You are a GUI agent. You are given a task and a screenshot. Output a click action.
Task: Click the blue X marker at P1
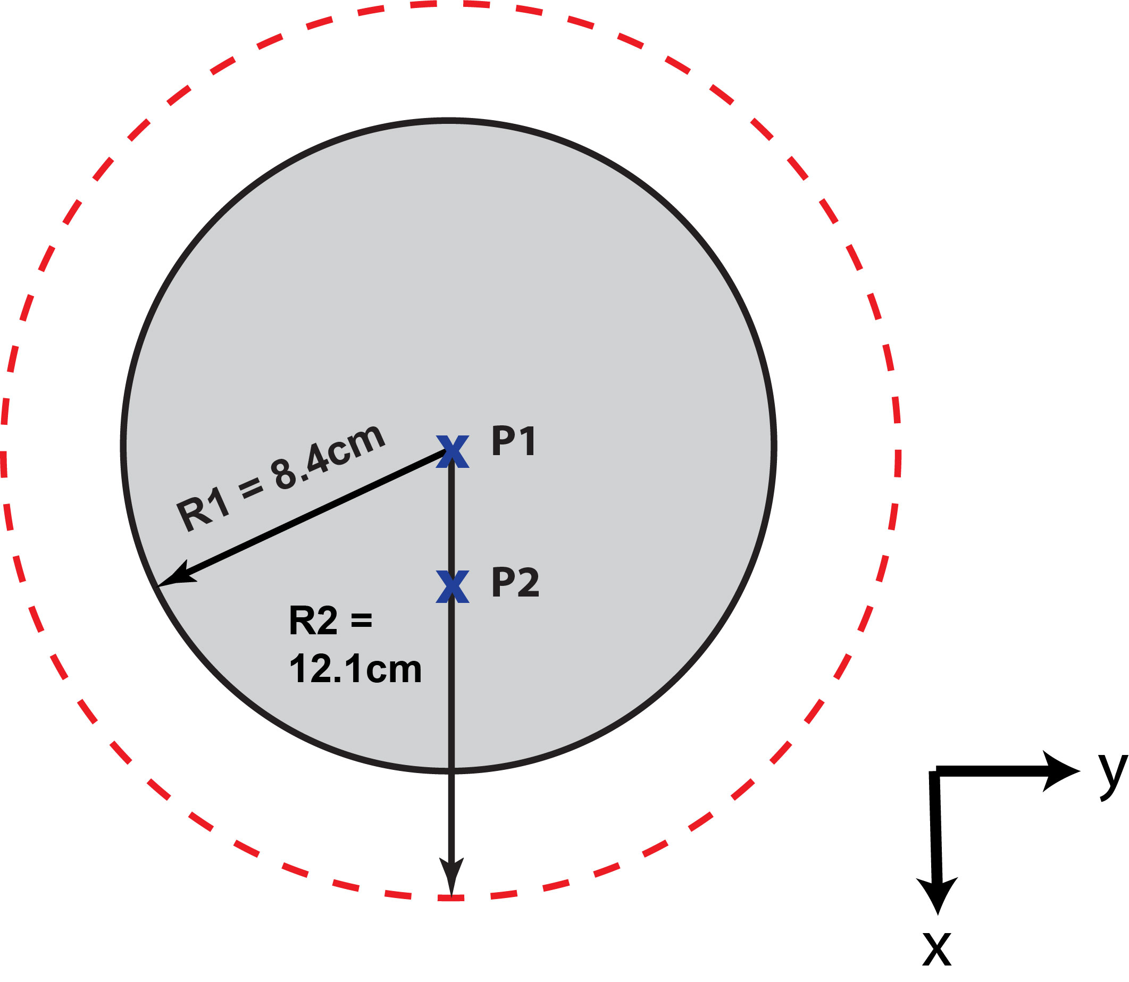[x=452, y=451]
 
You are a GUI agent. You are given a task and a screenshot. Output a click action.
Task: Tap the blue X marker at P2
[x=452, y=586]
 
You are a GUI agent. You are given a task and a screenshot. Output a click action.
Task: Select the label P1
[x=514, y=441]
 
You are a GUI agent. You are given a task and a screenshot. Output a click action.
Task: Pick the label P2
[x=515, y=582]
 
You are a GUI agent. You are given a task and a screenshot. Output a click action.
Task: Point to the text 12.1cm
[x=355, y=669]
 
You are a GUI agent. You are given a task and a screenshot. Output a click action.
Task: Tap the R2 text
[x=313, y=621]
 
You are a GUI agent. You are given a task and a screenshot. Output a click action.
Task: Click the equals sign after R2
[x=361, y=621]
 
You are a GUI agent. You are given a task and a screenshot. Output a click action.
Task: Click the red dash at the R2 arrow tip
[x=451, y=897]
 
